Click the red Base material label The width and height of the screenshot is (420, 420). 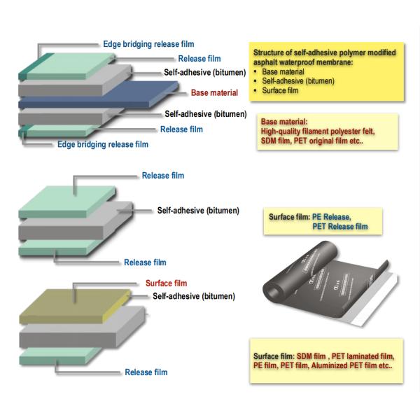214,92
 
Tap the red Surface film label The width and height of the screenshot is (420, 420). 166,283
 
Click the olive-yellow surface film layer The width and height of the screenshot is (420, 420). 75,306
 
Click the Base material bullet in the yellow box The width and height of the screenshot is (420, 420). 283,72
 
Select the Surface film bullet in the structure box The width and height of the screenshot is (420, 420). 280,90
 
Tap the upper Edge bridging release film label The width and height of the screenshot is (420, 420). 148,44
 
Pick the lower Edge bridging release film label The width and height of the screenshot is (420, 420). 103,144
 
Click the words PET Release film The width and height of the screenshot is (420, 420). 340,227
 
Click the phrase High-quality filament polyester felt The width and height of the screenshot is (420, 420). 318,132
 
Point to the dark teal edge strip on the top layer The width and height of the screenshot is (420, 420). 35,67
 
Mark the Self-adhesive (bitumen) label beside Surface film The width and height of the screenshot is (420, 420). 194,296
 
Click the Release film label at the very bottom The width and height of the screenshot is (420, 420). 146,372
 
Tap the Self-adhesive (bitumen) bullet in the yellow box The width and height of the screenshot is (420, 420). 298,81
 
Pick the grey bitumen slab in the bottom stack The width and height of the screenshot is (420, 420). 82,328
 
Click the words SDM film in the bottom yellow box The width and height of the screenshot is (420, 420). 311,356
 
